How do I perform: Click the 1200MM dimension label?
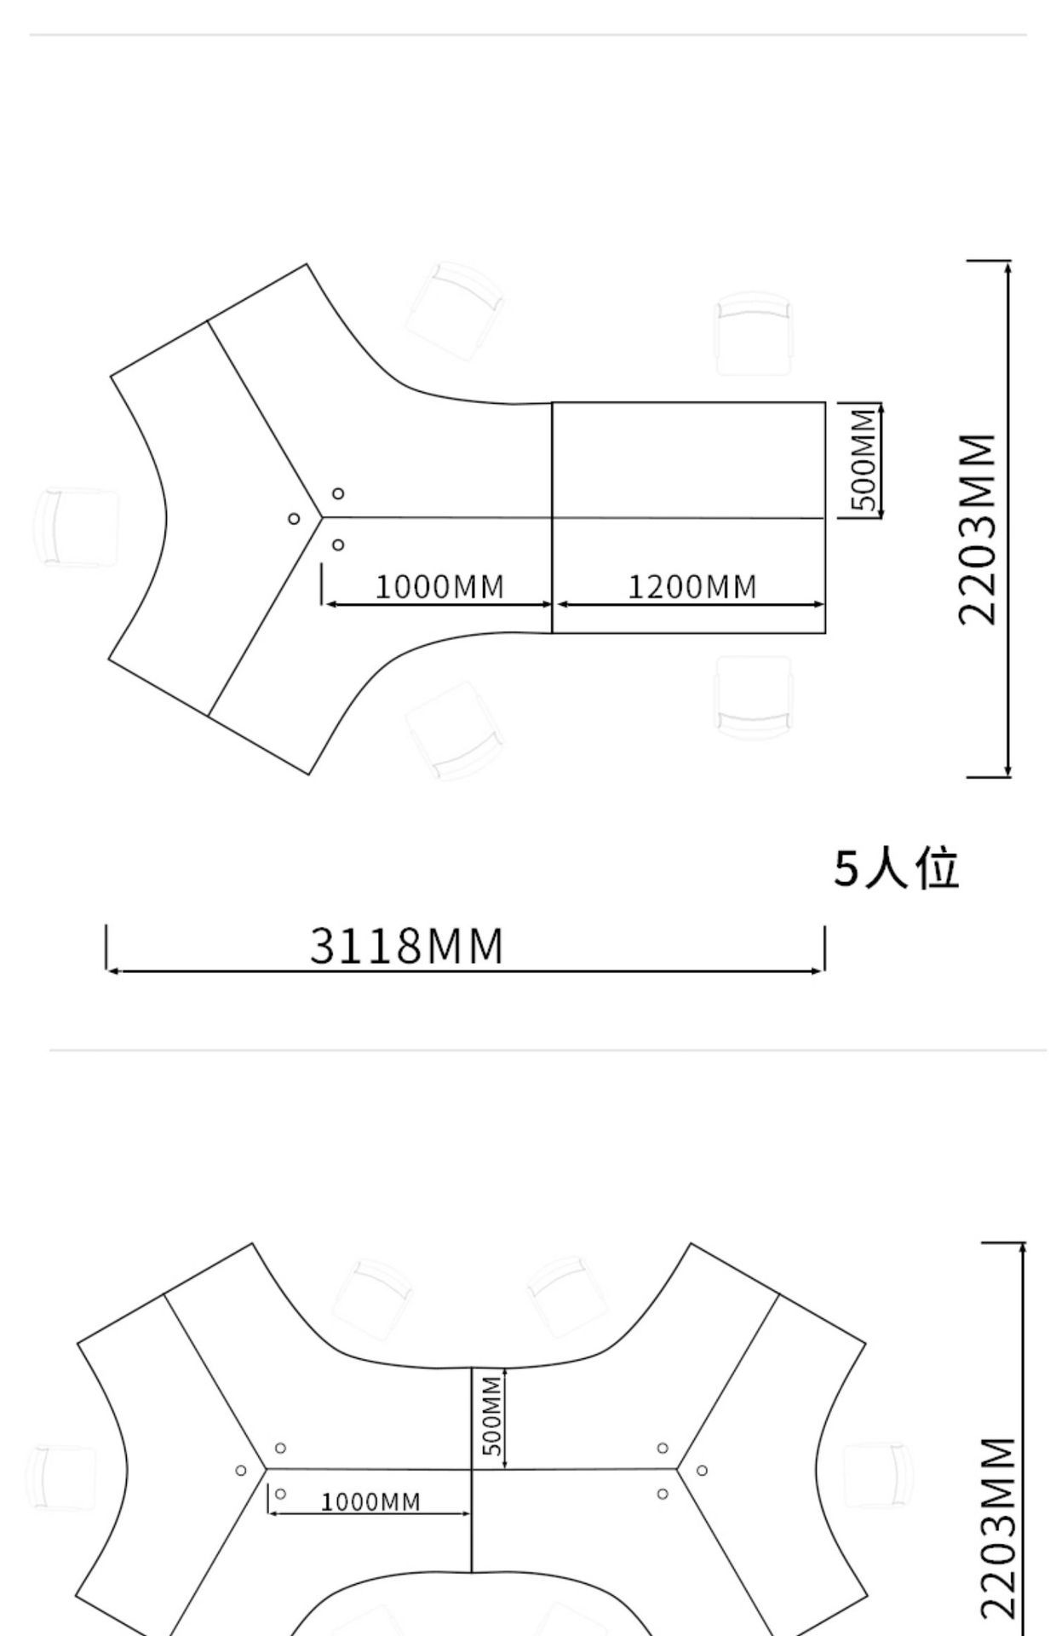[x=692, y=587]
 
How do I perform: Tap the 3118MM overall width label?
[x=407, y=946]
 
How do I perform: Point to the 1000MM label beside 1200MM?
[x=439, y=587]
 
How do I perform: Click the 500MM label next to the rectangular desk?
[x=864, y=459]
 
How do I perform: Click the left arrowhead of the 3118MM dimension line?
[x=112, y=971]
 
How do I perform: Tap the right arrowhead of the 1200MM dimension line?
[x=819, y=605]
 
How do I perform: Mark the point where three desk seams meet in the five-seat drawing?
[x=322, y=516]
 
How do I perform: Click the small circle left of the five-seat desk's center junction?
[x=294, y=518]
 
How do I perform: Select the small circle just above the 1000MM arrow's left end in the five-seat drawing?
[x=338, y=544]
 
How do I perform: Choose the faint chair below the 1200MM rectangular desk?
[x=755, y=697]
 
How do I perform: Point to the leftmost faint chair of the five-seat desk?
[x=77, y=528]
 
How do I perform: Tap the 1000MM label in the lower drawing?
[x=370, y=1501]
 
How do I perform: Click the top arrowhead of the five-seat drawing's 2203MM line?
[x=1008, y=267]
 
